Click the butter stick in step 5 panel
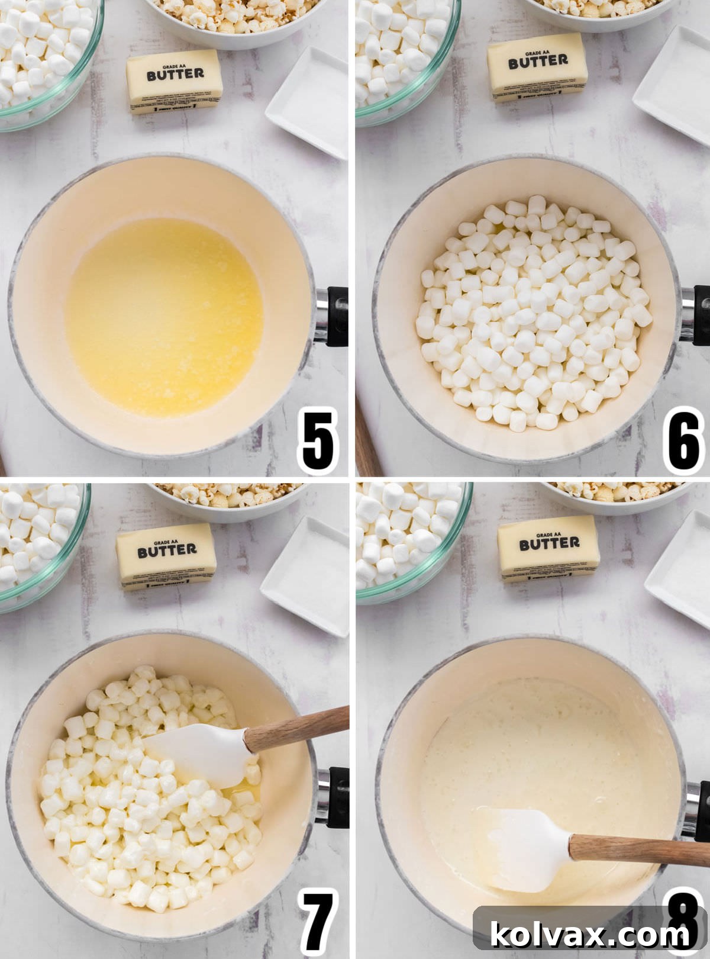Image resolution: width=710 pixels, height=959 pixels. [175, 81]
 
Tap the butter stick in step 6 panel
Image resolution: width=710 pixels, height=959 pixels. [537, 67]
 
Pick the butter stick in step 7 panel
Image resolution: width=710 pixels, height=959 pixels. [166, 556]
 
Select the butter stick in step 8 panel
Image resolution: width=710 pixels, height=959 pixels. [548, 548]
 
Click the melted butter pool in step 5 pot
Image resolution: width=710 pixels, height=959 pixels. [164, 317]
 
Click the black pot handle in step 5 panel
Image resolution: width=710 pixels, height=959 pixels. [336, 316]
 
